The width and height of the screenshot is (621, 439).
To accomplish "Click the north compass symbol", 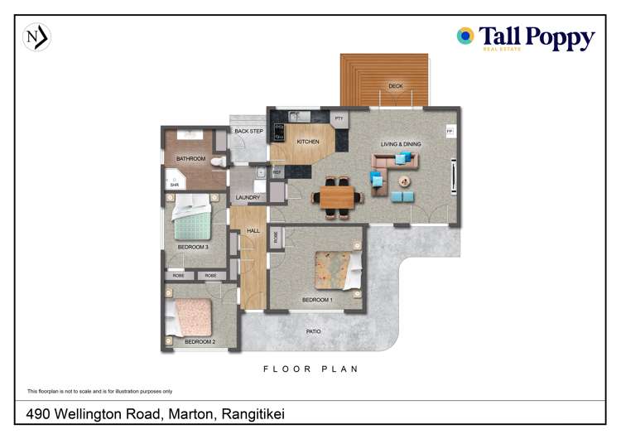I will [x=36, y=37].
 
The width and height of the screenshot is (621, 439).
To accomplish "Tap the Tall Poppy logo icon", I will [x=466, y=36].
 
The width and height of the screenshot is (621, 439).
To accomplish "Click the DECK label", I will [x=395, y=86].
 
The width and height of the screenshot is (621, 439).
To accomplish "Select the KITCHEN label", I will [x=307, y=142].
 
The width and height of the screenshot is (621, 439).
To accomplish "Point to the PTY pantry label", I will [x=339, y=119].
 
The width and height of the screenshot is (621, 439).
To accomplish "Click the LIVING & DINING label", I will [x=401, y=144].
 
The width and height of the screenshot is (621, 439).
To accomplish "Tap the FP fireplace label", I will [x=450, y=132].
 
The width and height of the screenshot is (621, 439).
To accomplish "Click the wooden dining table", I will [x=337, y=198].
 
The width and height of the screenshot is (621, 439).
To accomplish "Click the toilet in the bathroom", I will [x=217, y=162].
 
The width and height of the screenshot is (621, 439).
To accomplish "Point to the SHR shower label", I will [x=175, y=186].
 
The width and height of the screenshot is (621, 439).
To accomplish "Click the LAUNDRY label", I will [x=248, y=198].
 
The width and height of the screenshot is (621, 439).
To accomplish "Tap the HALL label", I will [x=253, y=232].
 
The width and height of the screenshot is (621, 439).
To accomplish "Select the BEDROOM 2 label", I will [x=200, y=341].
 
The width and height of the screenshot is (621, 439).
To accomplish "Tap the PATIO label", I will [x=313, y=331].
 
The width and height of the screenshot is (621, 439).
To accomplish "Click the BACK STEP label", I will [x=248, y=132].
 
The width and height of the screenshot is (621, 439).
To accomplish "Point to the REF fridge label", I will [x=277, y=172].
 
